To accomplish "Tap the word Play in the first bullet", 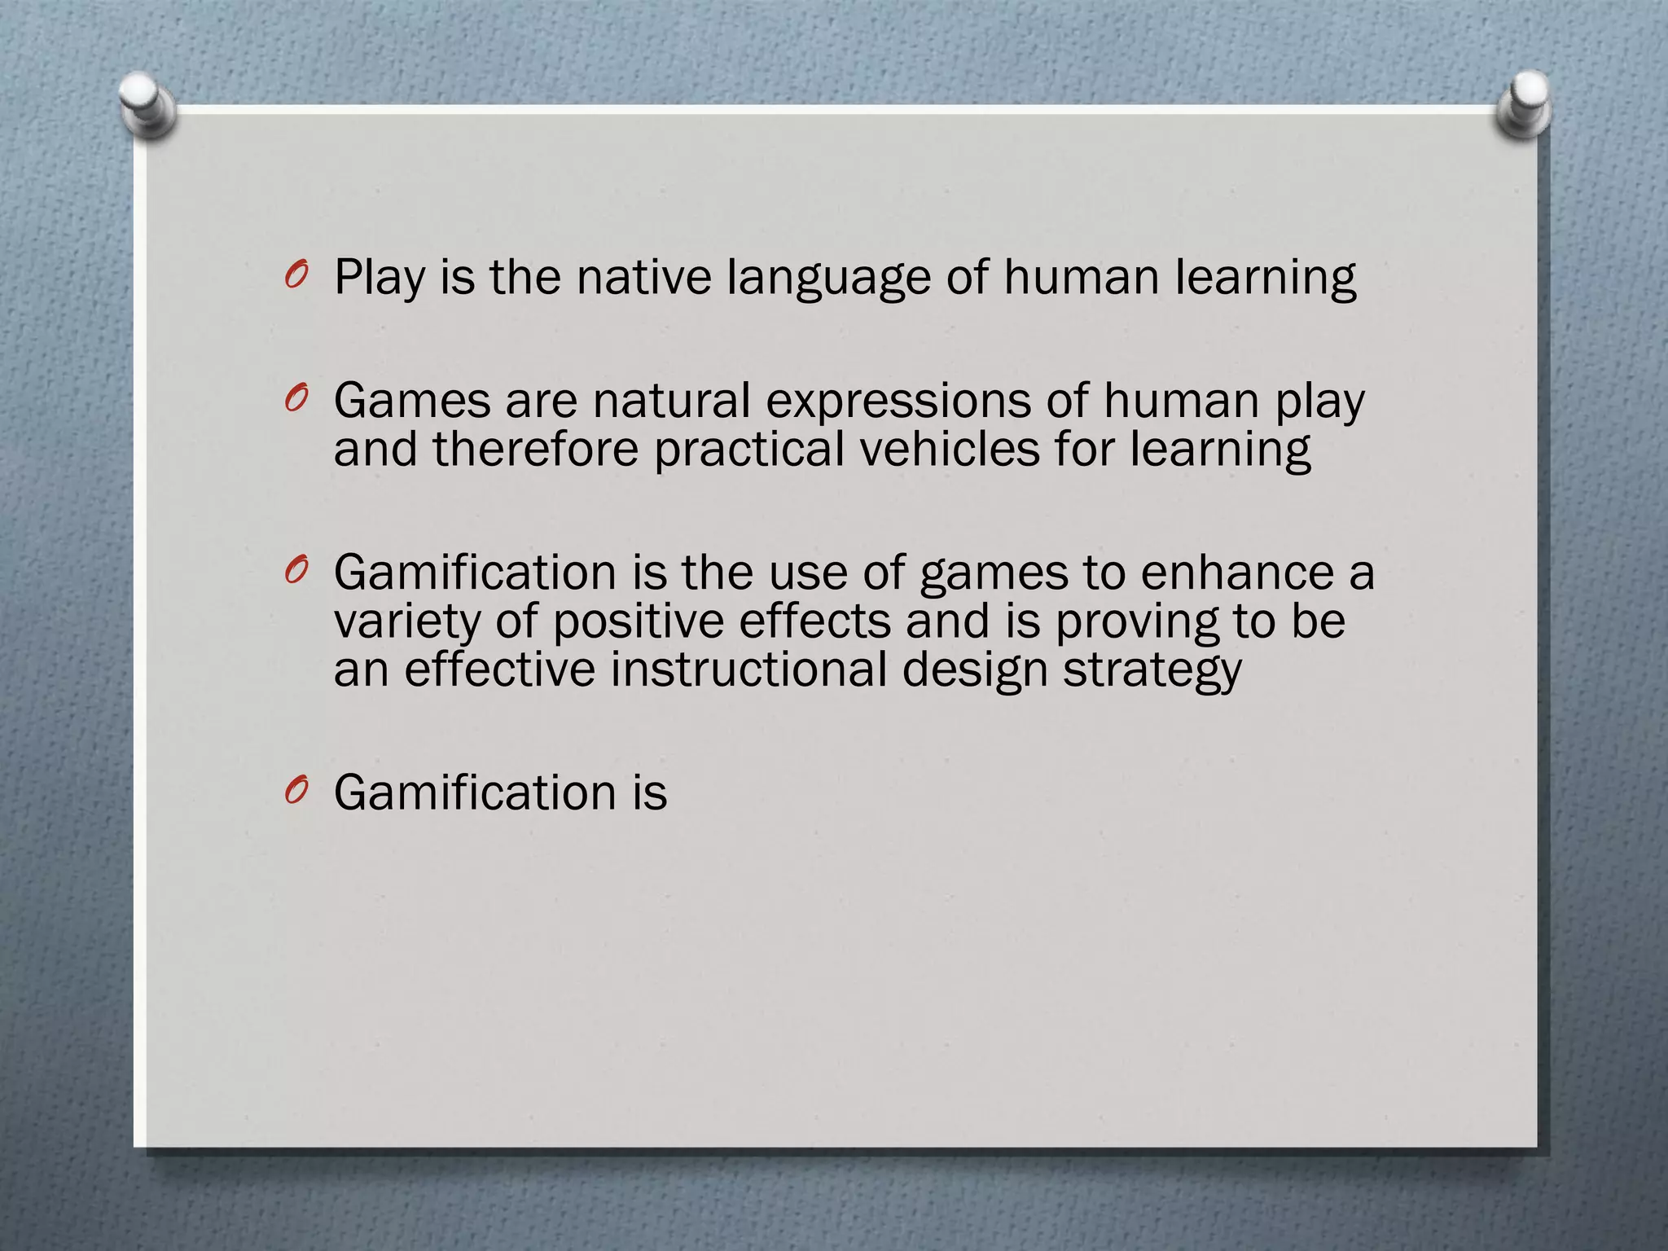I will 380,278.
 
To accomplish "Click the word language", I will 828,278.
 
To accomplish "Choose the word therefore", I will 535,449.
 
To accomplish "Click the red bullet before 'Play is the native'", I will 296,277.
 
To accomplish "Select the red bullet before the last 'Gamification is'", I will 296,792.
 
